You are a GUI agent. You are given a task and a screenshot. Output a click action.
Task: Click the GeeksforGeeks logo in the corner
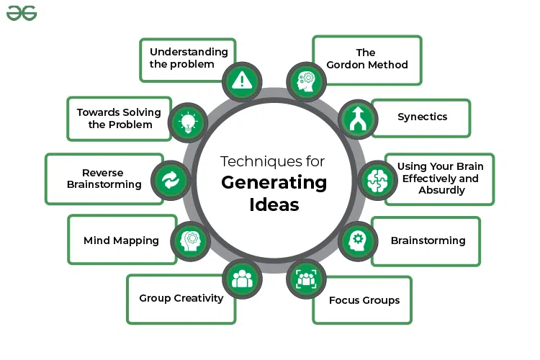(22, 14)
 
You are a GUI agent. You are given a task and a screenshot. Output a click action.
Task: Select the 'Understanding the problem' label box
(188, 58)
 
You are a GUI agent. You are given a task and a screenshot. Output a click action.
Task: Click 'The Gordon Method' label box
(366, 59)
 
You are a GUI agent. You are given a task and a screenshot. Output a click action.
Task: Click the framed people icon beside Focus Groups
(305, 278)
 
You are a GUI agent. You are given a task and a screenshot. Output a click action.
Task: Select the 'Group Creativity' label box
(181, 299)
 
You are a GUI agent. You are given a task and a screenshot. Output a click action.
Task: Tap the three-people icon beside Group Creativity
(243, 278)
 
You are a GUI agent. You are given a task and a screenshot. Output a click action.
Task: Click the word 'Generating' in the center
(274, 183)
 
